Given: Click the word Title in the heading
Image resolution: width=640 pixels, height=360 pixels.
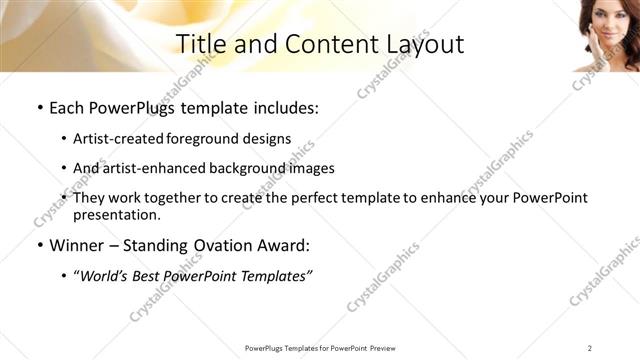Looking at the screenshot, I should click(201, 44).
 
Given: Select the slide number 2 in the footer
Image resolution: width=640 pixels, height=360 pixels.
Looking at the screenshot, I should click(590, 348).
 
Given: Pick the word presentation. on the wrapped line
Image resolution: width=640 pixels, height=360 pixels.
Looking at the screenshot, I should click(117, 215).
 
